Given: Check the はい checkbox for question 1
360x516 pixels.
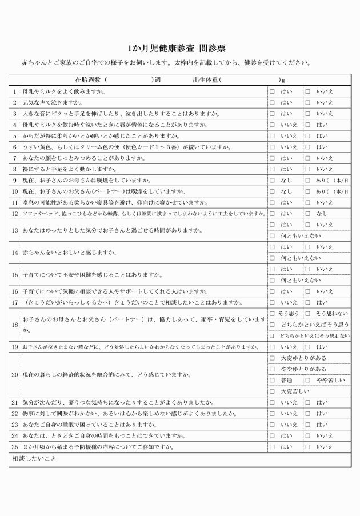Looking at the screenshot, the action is (x=273, y=91).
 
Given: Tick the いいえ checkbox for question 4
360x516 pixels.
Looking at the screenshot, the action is (x=273, y=125).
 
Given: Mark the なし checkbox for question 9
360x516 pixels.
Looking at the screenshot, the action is (x=273, y=180).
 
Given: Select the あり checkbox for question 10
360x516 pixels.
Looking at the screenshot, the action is (x=307, y=191).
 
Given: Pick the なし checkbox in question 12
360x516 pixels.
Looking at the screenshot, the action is (x=307, y=213).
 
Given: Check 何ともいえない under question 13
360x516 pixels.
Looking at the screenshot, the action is (x=273, y=235).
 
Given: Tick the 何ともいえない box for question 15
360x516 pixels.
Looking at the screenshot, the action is (x=273, y=280).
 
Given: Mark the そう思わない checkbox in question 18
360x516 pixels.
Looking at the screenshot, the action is (x=307, y=313).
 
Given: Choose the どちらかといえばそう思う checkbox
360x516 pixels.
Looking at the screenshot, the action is (x=273, y=325).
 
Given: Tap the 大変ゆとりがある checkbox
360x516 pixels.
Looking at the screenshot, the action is (x=273, y=358).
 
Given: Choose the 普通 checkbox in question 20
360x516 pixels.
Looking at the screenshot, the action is (x=273, y=380).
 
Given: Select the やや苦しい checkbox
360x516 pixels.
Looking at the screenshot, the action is (x=307, y=380).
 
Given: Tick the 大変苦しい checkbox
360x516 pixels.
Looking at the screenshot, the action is (x=273, y=391).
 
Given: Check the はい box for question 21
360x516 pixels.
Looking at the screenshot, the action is (x=307, y=403).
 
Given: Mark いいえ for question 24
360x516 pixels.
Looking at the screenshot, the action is (x=307, y=436).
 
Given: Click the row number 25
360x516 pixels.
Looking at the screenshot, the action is (x=15, y=447).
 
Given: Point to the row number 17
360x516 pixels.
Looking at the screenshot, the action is (x=15, y=302).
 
